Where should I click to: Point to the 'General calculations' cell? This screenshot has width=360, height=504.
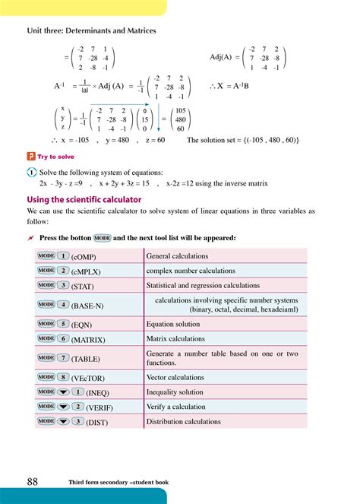point(177,256)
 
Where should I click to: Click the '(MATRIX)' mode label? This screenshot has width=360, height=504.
point(88,340)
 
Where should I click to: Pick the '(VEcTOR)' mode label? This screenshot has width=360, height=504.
point(89,377)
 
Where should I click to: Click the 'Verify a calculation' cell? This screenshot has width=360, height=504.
point(176,407)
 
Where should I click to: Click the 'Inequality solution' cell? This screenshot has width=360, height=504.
point(175,392)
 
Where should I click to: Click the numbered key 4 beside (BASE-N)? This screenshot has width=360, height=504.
point(63,304)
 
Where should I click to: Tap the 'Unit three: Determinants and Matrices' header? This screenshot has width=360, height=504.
point(91,30)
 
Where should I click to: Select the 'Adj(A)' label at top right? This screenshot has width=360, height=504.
point(225,57)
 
